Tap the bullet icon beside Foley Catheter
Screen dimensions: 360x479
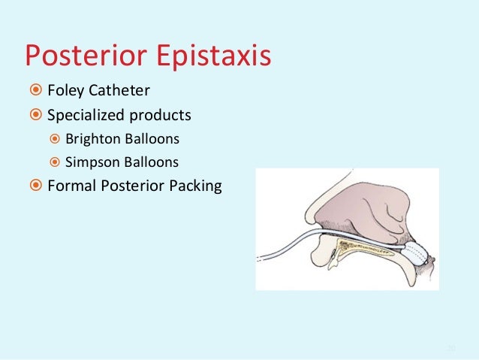[x=35, y=92]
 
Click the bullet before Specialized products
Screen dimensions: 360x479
[x=35, y=116]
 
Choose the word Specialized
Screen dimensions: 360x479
[x=84, y=116]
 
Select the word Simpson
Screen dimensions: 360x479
[x=89, y=162]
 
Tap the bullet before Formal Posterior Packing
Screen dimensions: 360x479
[x=35, y=185]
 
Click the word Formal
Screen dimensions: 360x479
[x=68, y=185]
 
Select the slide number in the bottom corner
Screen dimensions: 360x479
[x=450, y=348]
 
